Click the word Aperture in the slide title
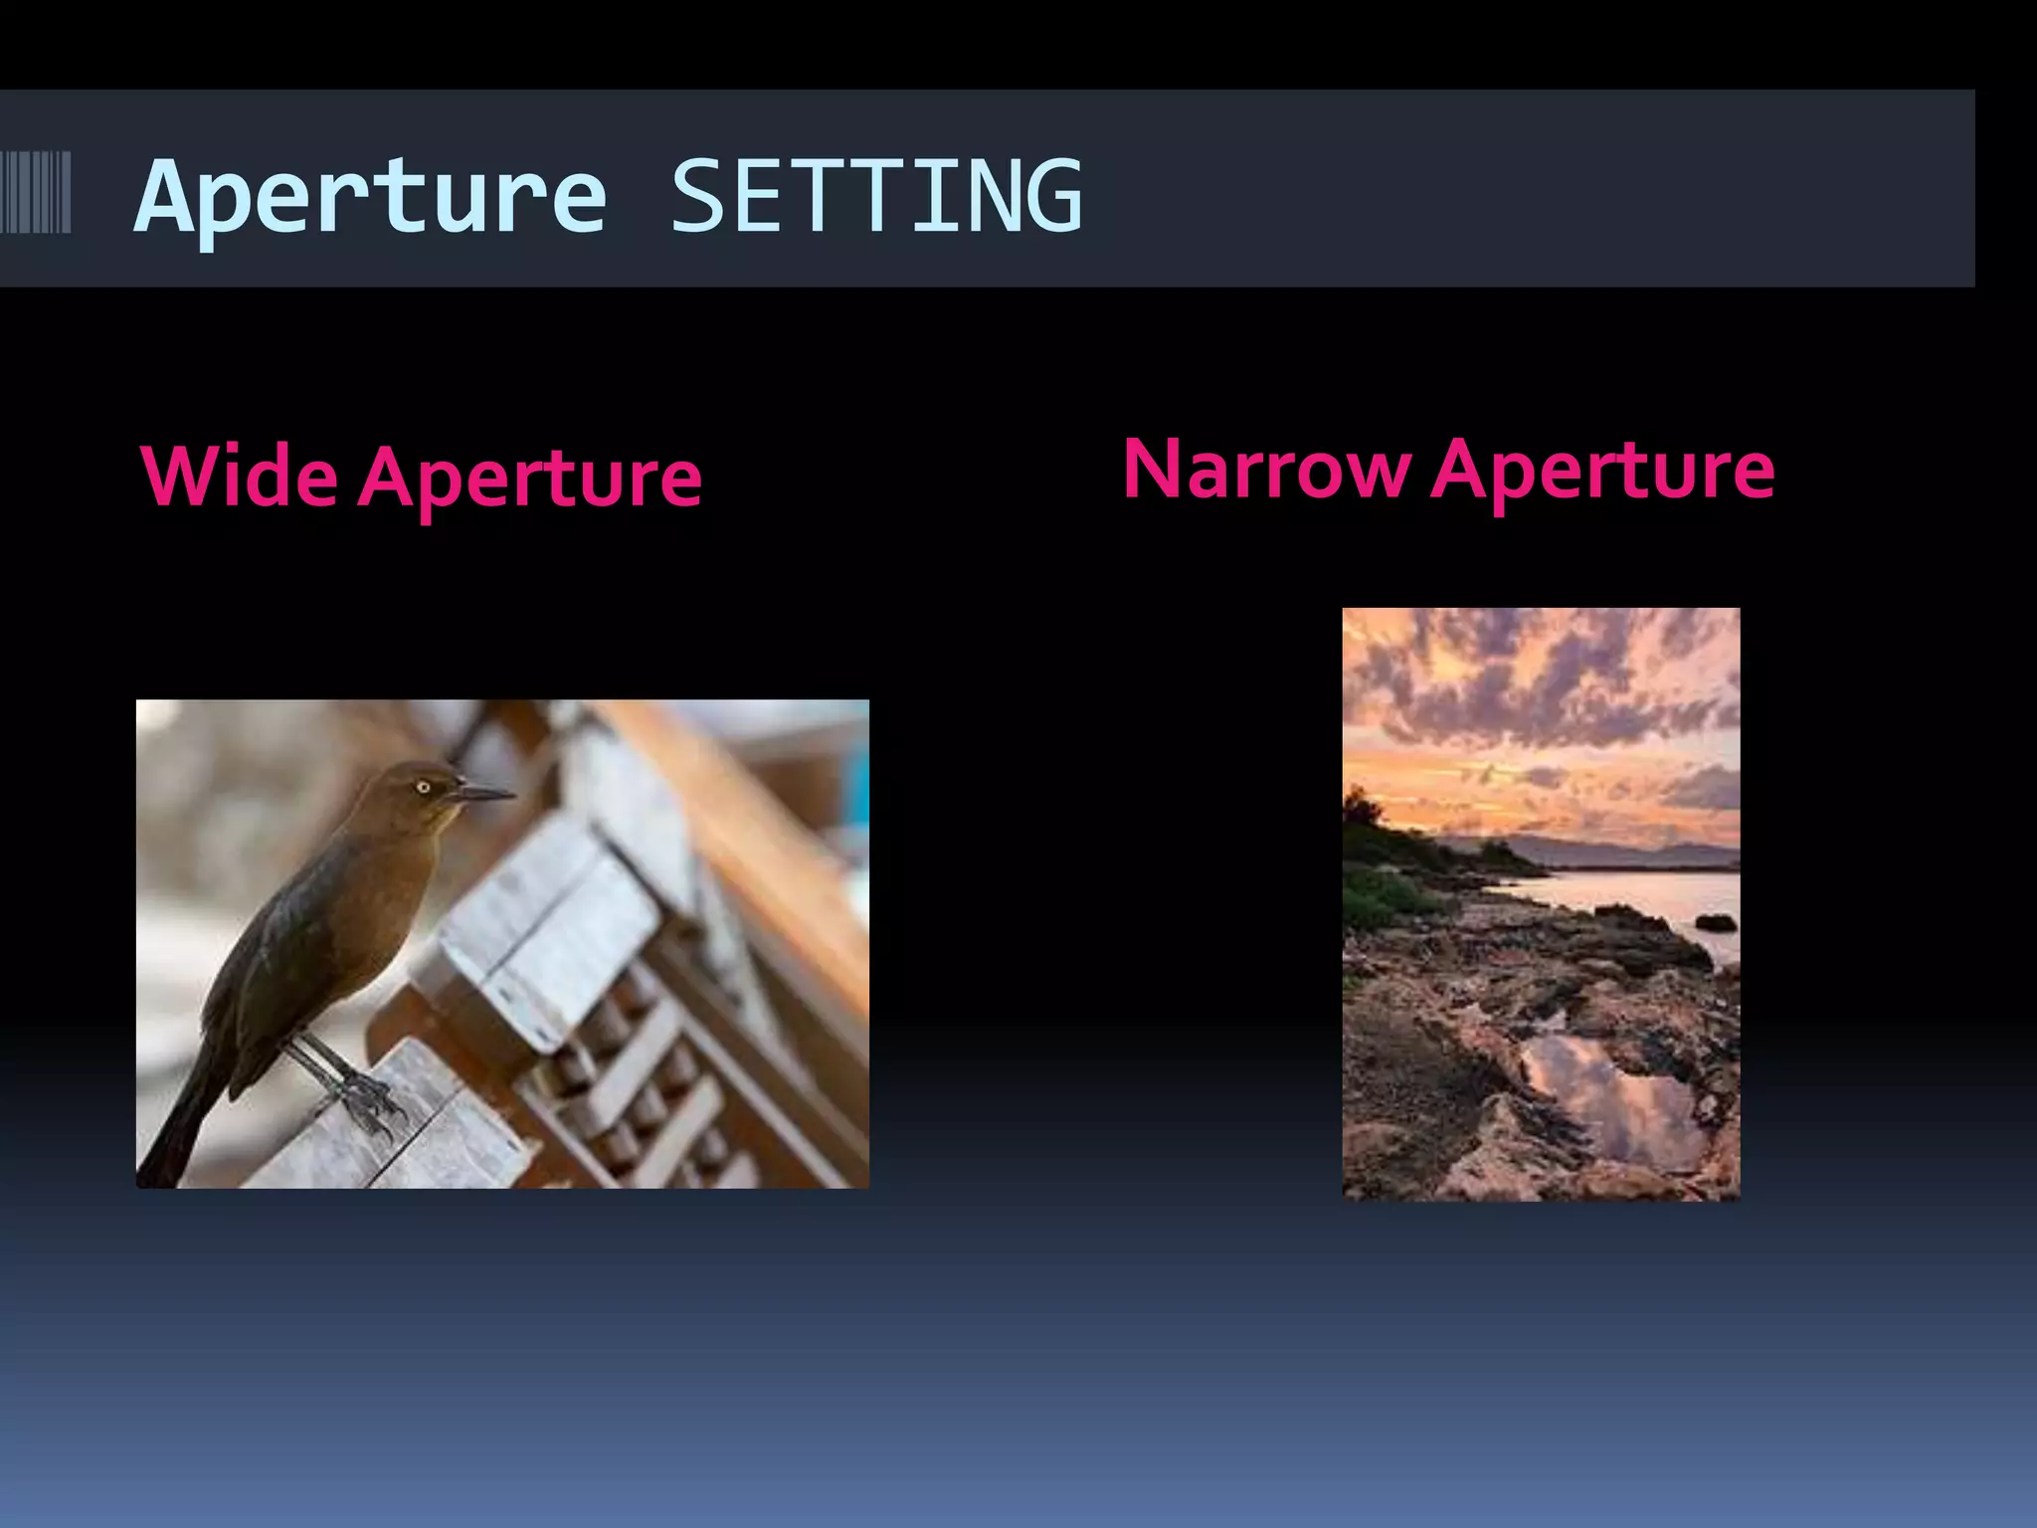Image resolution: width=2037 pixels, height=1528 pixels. click(x=370, y=198)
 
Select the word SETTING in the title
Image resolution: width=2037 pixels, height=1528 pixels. click(x=876, y=196)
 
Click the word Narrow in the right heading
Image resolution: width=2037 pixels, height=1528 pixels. click(x=1265, y=470)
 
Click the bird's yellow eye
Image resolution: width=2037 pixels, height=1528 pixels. click(x=423, y=787)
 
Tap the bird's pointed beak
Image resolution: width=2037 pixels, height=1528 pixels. click(x=484, y=793)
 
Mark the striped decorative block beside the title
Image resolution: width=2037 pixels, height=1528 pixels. click(x=36, y=192)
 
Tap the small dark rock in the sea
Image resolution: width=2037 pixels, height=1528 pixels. click(x=1715, y=923)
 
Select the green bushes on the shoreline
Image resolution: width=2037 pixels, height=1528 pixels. click(x=1388, y=890)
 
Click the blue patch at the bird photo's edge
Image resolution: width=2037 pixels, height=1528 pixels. click(x=859, y=786)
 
